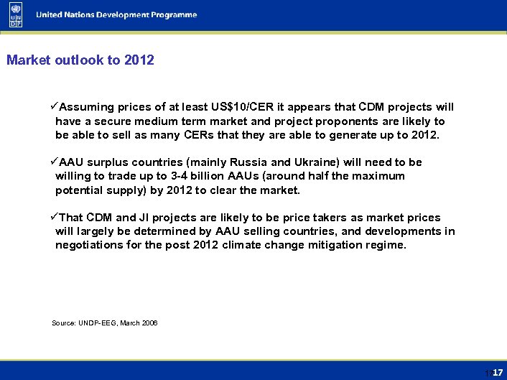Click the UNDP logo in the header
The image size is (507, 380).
tap(16, 15)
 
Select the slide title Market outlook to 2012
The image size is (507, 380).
tap(80, 60)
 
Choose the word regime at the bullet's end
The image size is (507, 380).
tap(386, 245)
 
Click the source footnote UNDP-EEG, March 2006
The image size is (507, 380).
tap(105, 323)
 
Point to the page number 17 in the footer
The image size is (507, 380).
tap(497, 372)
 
